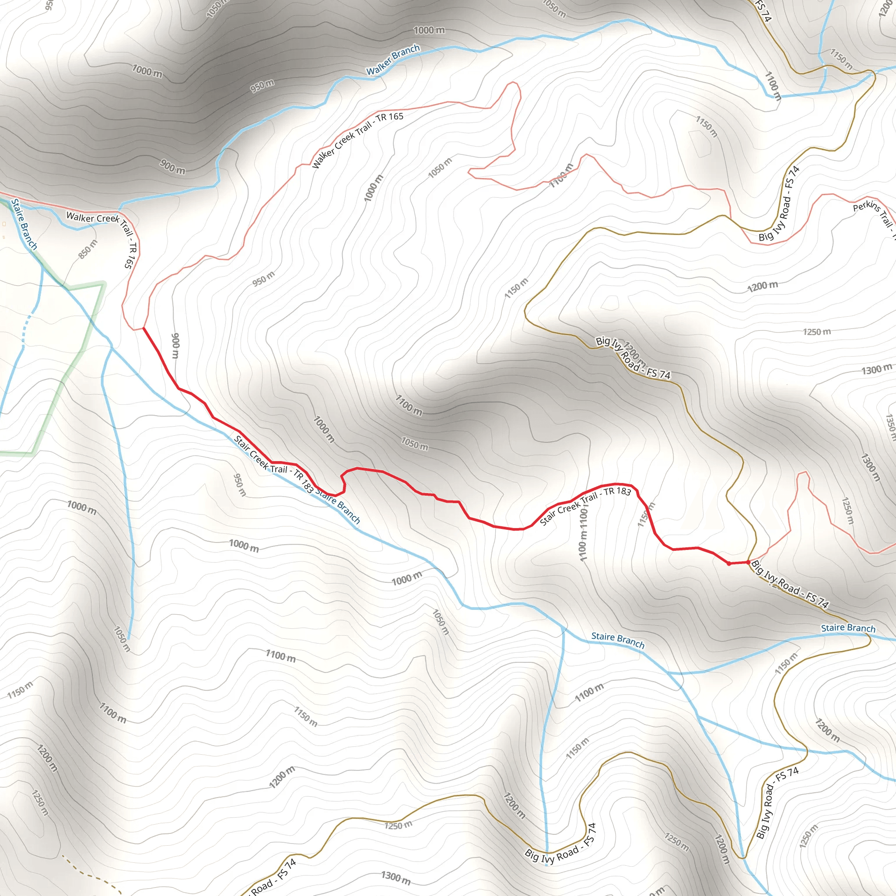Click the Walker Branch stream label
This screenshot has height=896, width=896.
[x=393, y=60]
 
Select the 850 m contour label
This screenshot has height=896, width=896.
[x=87, y=249]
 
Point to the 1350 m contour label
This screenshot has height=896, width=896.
[x=890, y=427]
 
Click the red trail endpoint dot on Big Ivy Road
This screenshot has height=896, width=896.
[x=748, y=562]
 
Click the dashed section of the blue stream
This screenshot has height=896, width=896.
[x=26, y=329]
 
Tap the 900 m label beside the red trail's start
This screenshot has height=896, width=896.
[x=175, y=346]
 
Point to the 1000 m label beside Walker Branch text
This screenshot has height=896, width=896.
[x=429, y=31]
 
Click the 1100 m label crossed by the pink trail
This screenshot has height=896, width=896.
[x=562, y=176]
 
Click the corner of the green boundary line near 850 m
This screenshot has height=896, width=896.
[x=103, y=284]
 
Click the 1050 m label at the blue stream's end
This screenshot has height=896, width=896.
[x=122, y=639]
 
